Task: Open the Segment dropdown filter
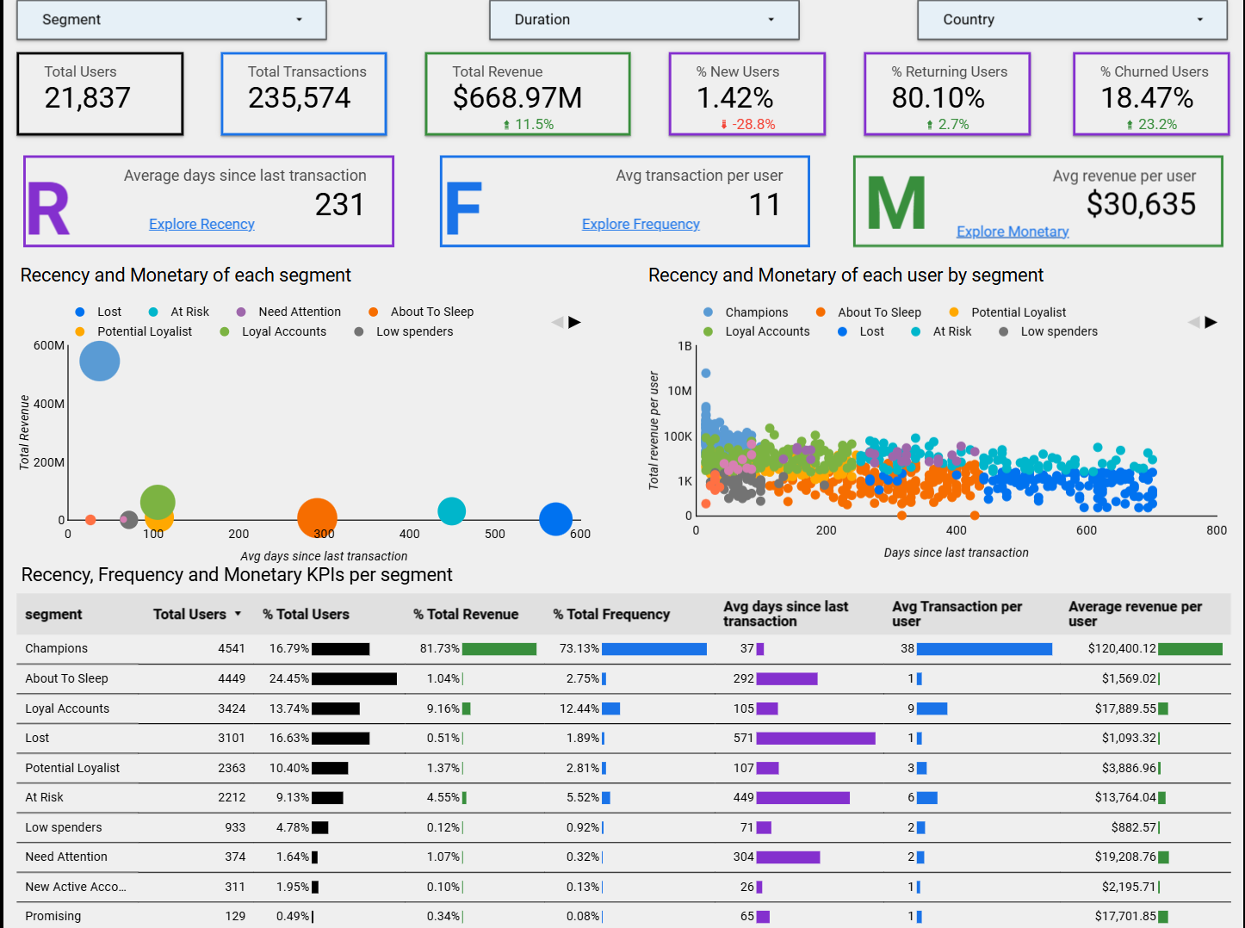pyautogui.click(x=171, y=20)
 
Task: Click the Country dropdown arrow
pyautogui.click(x=1199, y=20)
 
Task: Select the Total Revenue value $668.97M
pyautogui.click(x=517, y=98)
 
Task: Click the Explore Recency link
pyautogui.click(x=201, y=224)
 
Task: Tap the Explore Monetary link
pyautogui.click(x=1013, y=232)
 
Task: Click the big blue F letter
pyautogui.click(x=463, y=209)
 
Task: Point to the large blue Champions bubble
pyautogui.click(x=100, y=362)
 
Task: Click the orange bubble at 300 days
pyautogui.click(x=317, y=517)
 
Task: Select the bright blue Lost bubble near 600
pyautogui.click(x=555, y=519)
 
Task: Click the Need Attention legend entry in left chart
pyautogui.click(x=299, y=312)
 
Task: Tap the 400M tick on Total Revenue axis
pyautogui.click(x=49, y=404)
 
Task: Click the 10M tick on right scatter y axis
pyautogui.click(x=679, y=391)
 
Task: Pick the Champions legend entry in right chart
pyautogui.click(x=756, y=312)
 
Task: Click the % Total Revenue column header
pyautogui.click(x=466, y=615)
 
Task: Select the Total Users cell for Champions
pyautogui.click(x=232, y=648)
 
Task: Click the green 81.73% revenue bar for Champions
pyautogui.click(x=499, y=649)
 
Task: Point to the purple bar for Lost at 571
pyautogui.click(x=815, y=739)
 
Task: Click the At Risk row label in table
pyautogui.click(x=45, y=797)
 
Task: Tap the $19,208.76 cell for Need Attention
pyautogui.click(x=1125, y=857)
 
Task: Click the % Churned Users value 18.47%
pyautogui.click(x=1147, y=98)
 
